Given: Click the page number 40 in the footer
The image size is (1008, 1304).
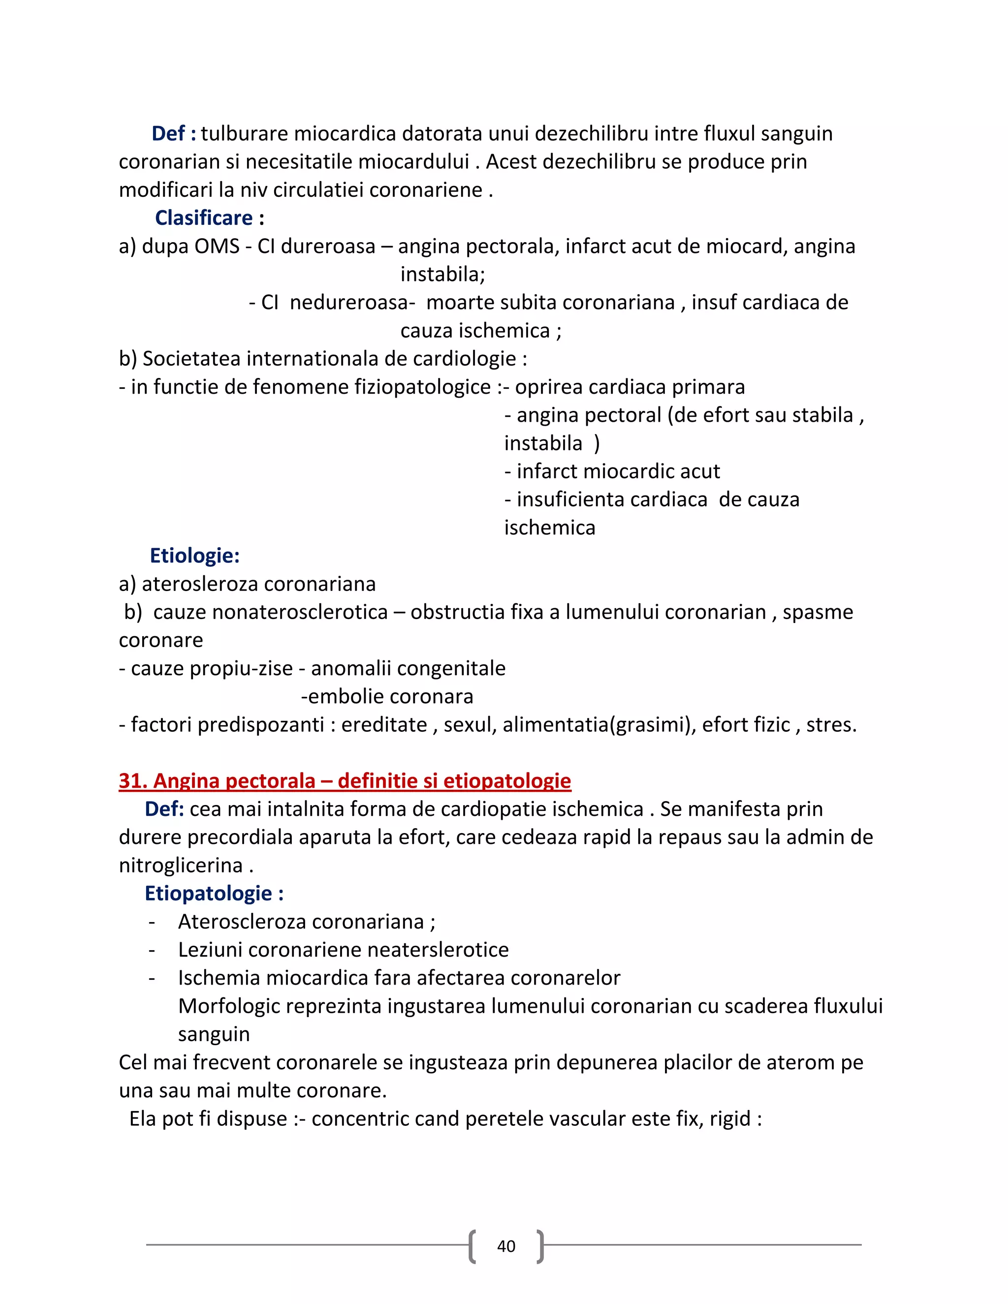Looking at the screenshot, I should click(506, 1246).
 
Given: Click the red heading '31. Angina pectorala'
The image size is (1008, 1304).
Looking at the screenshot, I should click(345, 780).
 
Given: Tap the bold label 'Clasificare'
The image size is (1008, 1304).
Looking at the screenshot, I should click(204, 218).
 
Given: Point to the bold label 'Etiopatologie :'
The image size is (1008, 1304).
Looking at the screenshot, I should click(214, 893).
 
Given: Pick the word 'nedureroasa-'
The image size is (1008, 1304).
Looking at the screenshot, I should click(352, 302).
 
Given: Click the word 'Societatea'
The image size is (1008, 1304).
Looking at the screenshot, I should click(191, 358).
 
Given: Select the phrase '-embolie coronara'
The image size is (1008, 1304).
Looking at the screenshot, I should click(387, 696).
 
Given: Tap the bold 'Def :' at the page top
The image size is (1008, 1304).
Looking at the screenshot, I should click(174, 134).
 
